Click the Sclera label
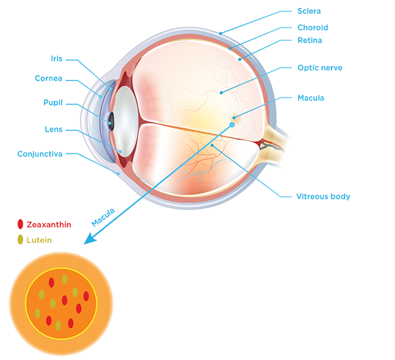[x=309, y=11]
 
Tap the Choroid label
[x=312, y=27]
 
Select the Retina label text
[x=310, y=41]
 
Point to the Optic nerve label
[x=320, y=67]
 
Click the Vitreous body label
[x=323, y=196]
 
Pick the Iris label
[x=56, y=59]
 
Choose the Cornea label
[x=48, y=79]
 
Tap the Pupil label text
[x=53, y=103]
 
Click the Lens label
[x=54, y=130]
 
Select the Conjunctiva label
[x=40, y=154]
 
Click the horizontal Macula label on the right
[x=310, y=98]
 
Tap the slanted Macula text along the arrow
[x=103, y=217]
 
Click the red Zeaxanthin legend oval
[x=20, y=224]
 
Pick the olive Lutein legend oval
[x=20, y=240]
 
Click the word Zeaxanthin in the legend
[x=49, y=225]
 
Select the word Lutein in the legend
[x=39, y=240]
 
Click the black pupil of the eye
[x=111, y=121]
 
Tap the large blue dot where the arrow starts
[x=232, y=124]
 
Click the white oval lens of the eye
[x=126, y=122]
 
